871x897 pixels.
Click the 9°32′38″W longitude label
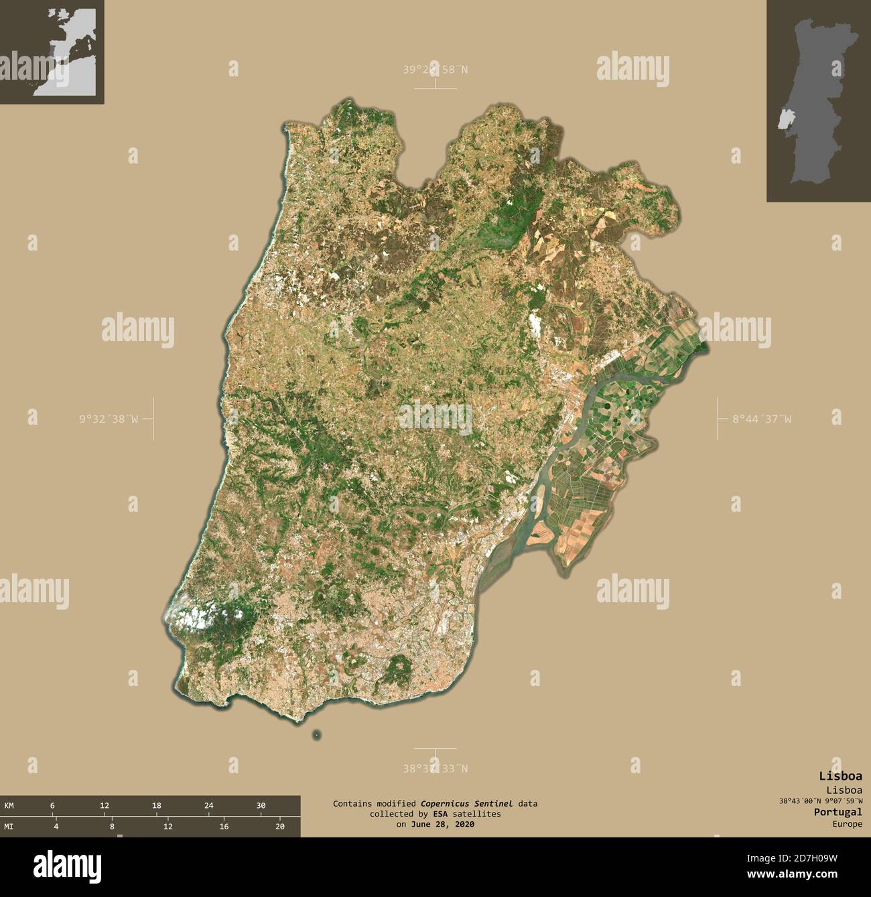click(x=109, y=419)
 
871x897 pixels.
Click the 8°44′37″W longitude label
click(x=760, y=419)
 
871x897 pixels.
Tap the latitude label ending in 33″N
click(x=435, y=768)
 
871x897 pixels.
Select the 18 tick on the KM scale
click(x=156, y=805)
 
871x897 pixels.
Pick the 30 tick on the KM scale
click(x=261, y=805)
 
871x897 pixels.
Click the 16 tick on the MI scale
click(x=224, y=827)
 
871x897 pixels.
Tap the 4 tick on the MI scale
click(x=56, y=827)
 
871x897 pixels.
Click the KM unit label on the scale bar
click(x=9, y=805)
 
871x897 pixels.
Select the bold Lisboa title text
click(x=840, y=776)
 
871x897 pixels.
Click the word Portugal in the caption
click(x=837, y=812)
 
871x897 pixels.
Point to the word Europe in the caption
click(x=847, y=824)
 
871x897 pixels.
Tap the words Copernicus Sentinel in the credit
click(x=463, y=803)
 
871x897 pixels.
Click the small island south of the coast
click(x=316, y=736)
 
